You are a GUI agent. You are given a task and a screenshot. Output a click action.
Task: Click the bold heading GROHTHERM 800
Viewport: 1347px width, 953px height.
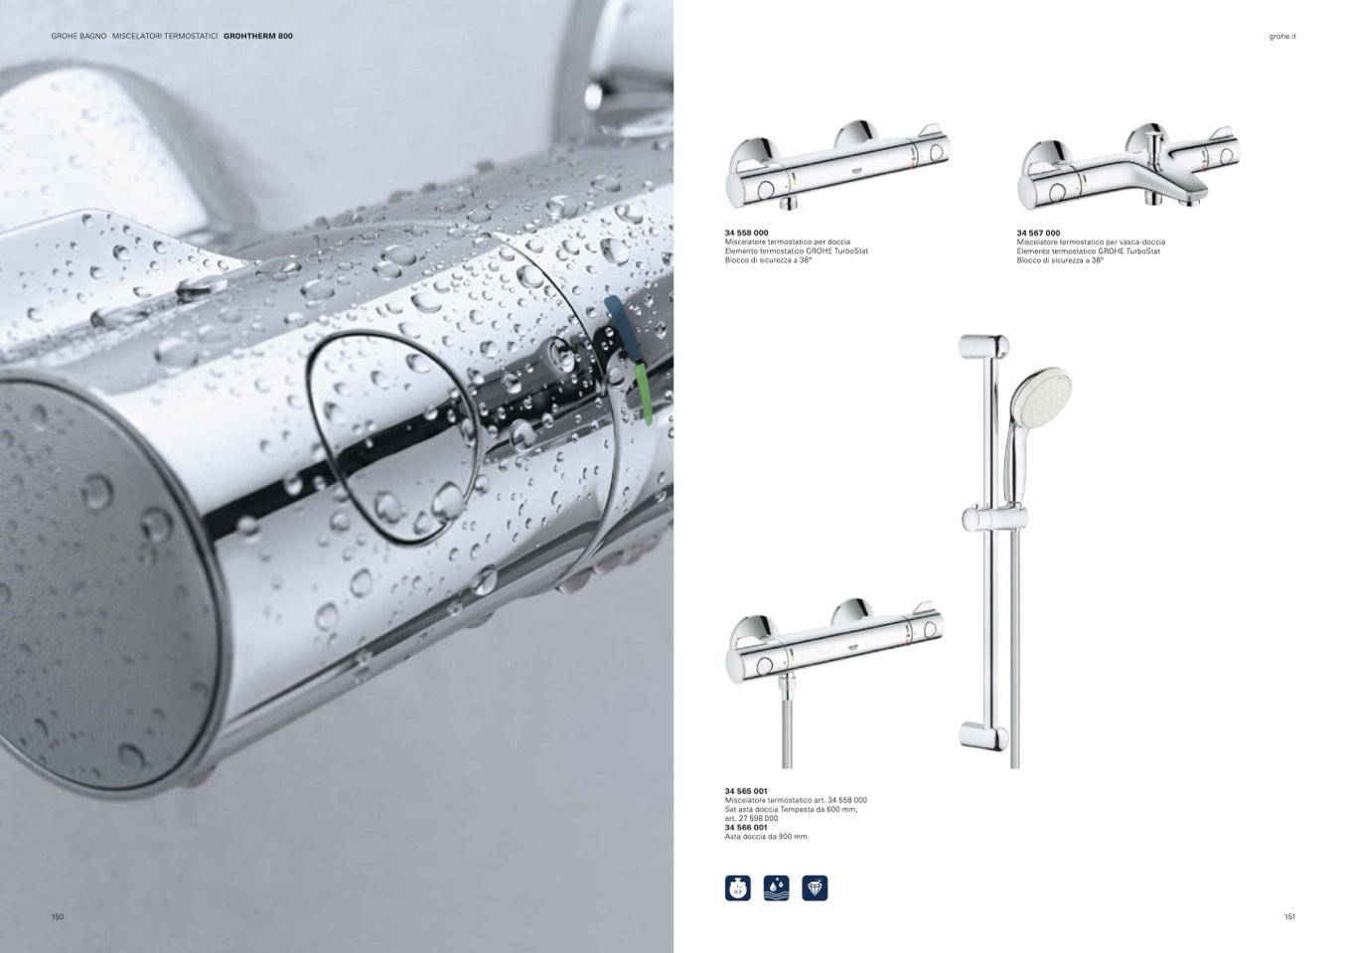click(258, 36)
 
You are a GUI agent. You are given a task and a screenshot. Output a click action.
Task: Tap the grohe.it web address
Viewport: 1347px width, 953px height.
click(1282, 37)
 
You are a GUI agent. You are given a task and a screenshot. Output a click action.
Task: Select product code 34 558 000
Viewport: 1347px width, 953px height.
click(746, 233)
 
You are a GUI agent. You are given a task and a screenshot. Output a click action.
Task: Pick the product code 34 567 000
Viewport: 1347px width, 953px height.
click(1038, 233)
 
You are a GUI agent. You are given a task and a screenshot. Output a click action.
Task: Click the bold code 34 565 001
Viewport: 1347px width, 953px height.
click(746, 791)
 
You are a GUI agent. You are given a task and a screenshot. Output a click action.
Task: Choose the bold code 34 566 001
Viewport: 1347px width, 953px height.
click(746, 827)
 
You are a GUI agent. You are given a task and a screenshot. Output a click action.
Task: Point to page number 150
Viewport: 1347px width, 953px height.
click(58, 917)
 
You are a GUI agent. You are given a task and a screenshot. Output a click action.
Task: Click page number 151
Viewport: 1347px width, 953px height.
click(1289, 917)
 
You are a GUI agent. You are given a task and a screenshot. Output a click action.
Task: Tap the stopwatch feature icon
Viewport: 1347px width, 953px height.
click(738, 888)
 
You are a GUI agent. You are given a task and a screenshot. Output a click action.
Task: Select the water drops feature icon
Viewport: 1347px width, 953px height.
click(777, 888)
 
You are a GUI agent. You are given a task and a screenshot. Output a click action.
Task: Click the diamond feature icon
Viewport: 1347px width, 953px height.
click(815, 888)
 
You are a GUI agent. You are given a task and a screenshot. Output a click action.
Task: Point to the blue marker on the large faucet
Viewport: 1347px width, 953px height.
click(616, 315)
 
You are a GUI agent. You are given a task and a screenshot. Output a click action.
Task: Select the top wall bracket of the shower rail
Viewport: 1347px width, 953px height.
click(983, 348)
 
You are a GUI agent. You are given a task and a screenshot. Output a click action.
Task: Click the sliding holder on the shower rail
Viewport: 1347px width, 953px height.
click(995, 519)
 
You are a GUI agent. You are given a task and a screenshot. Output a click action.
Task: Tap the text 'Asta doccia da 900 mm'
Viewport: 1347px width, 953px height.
click(766, 837)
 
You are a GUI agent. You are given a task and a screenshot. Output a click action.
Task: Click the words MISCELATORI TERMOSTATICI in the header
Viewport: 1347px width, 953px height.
click(165, 36)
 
